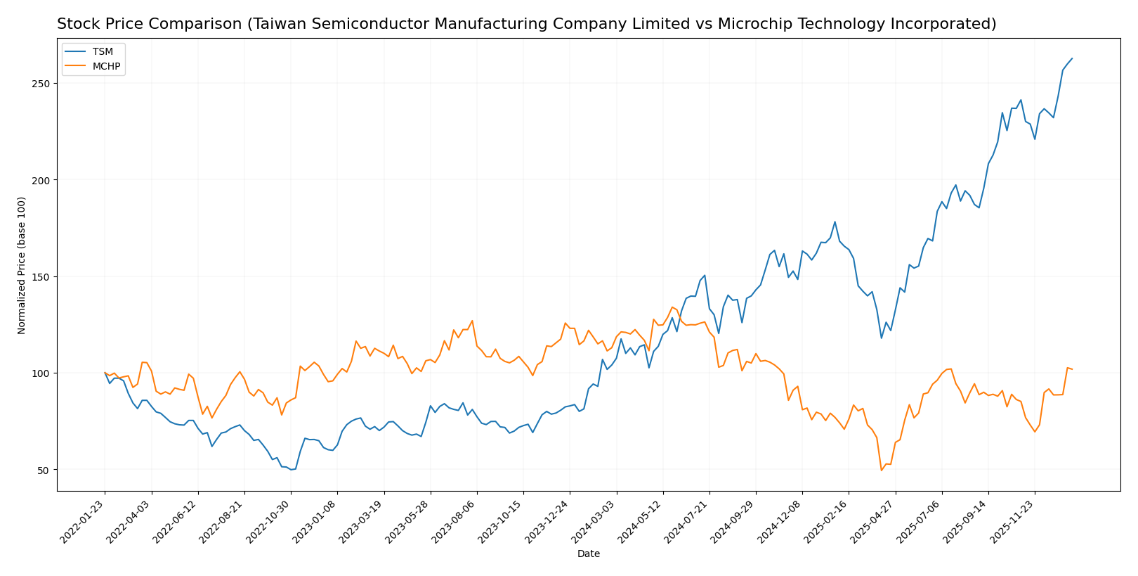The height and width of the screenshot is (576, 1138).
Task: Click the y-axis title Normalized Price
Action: point(22,265)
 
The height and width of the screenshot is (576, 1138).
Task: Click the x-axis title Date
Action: point(589,554)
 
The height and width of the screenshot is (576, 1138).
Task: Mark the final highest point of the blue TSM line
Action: point(1072,58)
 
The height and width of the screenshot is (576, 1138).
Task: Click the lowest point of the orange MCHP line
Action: point(881,471)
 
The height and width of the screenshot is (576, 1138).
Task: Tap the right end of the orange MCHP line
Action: point(1072,369)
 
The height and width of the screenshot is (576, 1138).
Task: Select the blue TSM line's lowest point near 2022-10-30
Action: point(291,469)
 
